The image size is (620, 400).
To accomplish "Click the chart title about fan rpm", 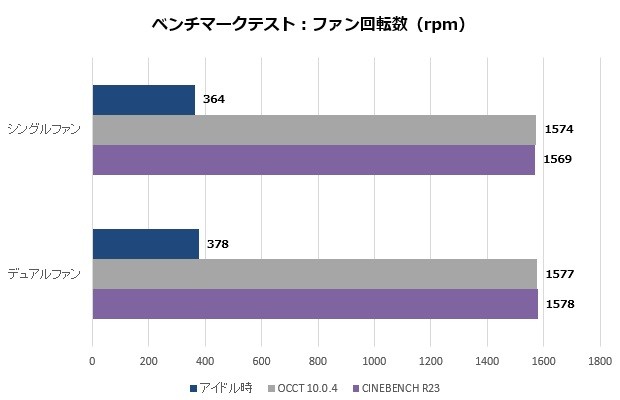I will pos(309,24).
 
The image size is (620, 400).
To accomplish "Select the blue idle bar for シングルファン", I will pos(143,100).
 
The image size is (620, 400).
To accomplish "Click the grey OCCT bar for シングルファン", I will pos(314,130).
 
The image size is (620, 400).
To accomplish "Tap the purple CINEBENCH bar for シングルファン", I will pos(313,160).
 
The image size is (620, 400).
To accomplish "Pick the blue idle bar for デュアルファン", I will pos(145,244).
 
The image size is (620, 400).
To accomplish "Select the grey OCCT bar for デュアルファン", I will pos(314,274).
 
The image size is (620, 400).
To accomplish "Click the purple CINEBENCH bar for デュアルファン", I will pos(315,304).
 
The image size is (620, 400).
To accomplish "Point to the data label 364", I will pos(214,100).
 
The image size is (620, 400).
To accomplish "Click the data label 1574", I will pos(558,129).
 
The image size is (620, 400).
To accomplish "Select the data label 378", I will pos(218,244).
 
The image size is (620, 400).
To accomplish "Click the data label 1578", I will pos(558,303).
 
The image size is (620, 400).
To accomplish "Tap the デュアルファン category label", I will pos(45,273).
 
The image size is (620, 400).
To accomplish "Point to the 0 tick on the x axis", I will pos(92,361).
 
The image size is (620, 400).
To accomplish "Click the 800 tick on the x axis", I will pos(318,361).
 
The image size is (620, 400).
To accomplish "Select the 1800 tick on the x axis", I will pos(600,361).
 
